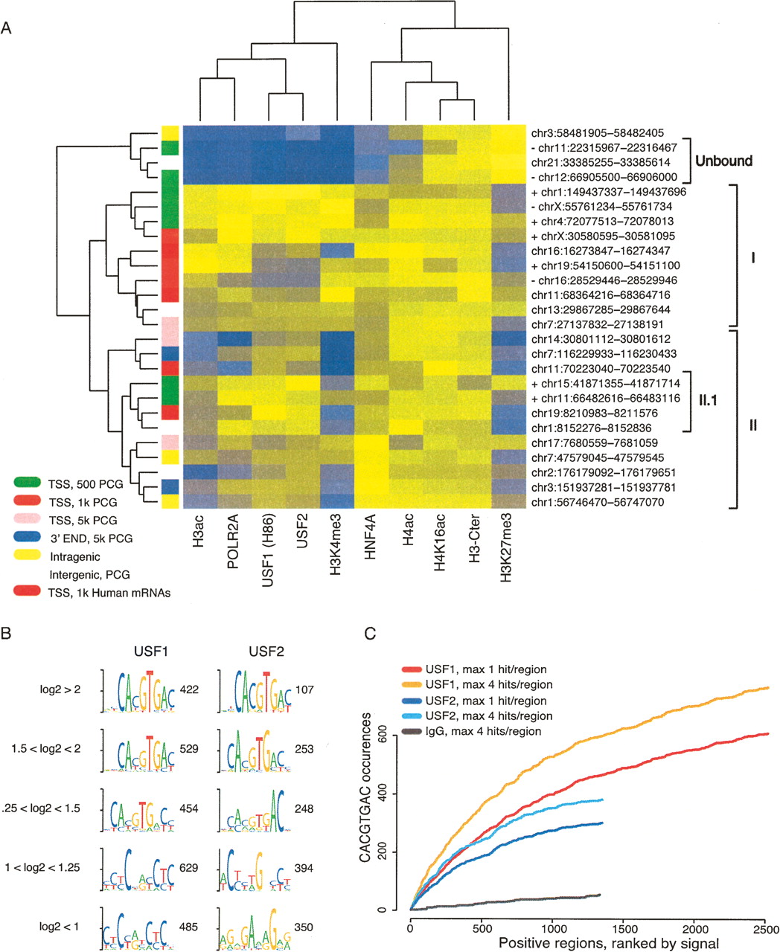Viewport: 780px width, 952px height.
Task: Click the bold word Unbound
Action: (x=723, y=161)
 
